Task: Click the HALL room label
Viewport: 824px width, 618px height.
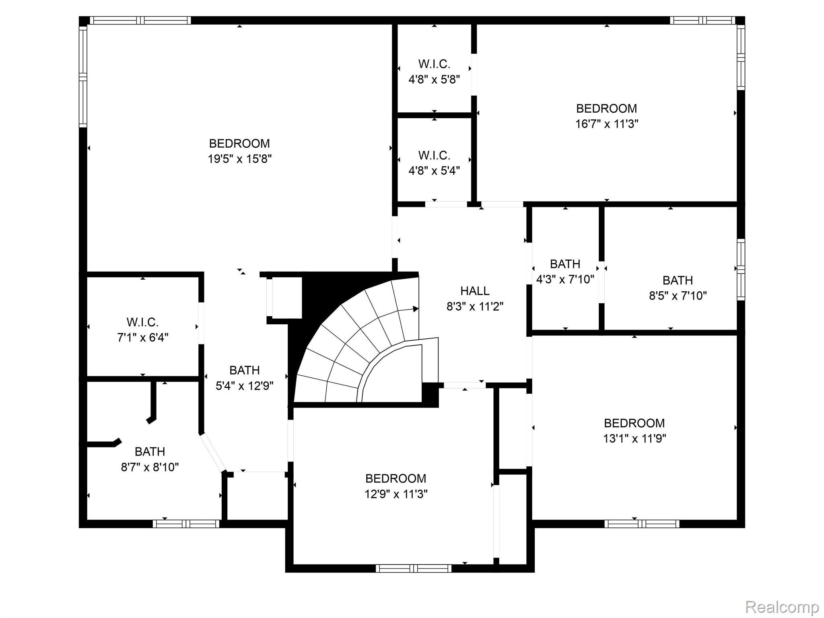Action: point(475,291)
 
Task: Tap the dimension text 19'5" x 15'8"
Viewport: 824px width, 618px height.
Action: point(239,159)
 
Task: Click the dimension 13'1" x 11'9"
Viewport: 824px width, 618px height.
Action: point(634,439)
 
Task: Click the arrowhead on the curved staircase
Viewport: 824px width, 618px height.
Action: point(416,309)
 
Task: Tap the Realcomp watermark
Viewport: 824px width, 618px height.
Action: point(782,606)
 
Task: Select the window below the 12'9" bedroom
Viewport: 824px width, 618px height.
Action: point(414,569)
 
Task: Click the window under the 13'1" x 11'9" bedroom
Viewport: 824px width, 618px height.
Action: point(642,524)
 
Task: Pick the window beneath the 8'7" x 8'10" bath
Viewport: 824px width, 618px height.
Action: point(186,524)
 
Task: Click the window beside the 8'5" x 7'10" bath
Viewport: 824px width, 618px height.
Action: point(741,269)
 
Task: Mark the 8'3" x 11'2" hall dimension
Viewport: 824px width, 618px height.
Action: point(475,307)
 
